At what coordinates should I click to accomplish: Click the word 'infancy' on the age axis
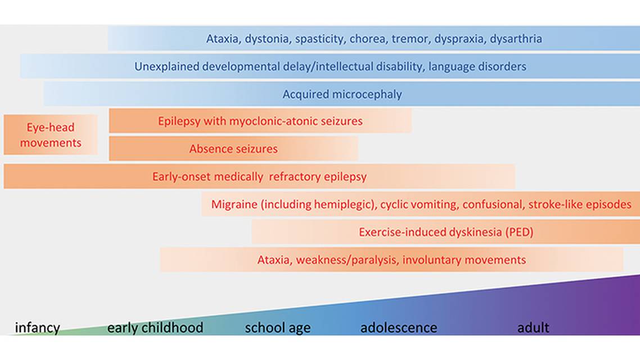(37, 327)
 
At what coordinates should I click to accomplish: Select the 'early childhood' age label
(155, 327)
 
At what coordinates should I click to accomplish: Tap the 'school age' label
(277, 327)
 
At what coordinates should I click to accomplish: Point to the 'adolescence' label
(398, 327)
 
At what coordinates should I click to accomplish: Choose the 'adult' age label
(533, 327)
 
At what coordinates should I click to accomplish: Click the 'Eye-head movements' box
(51, 135)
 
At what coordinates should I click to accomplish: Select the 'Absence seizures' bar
(233, 149)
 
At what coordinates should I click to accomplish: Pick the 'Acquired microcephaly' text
(342, 94)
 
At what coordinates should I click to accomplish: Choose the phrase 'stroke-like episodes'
(580, 204)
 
